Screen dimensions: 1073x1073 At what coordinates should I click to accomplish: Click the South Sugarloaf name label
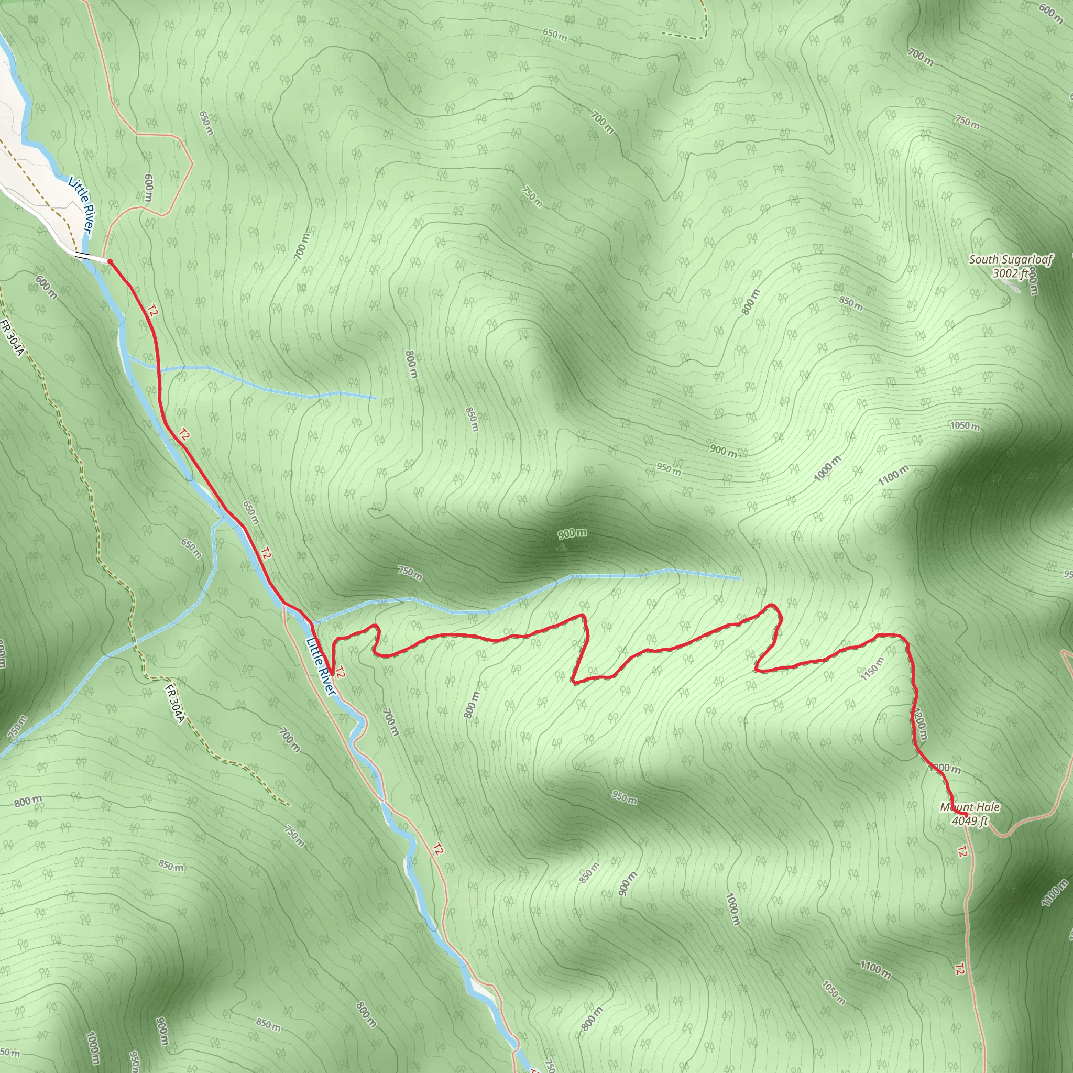(1010, 259)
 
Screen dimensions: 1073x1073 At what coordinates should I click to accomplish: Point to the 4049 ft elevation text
(970, 821)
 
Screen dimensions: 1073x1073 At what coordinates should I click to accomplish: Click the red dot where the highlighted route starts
(110, 261)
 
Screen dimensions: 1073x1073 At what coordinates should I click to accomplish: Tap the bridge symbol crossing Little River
(82, 256)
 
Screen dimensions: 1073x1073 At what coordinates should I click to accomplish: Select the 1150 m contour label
(872, 669)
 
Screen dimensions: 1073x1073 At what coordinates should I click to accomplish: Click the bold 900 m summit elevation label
(572, 534)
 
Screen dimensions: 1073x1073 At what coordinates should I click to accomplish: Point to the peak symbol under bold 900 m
(562, 548)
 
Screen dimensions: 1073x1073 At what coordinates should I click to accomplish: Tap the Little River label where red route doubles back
(321, 666)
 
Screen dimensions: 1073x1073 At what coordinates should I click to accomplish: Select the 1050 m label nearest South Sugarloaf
(965, 426)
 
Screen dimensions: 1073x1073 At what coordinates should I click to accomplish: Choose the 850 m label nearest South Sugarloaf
(851, 304)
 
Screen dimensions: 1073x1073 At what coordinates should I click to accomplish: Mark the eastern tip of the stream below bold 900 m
(739, 578)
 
